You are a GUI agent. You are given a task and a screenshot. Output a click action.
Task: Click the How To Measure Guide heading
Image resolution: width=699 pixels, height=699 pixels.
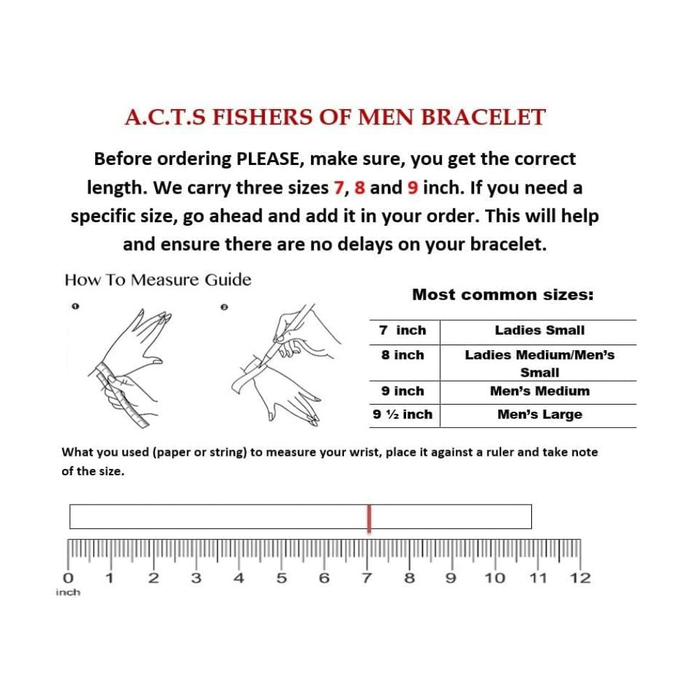(157, 280)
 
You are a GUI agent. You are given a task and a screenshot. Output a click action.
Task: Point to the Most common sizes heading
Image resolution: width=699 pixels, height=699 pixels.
(503, 294)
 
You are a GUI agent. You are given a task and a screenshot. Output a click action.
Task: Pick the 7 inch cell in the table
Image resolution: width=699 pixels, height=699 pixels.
(403, 331)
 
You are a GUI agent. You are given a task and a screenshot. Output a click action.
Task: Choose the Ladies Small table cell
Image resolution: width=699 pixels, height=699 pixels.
(539, 331)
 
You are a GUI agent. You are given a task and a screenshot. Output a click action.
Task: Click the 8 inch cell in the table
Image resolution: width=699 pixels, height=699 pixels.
(403, 355)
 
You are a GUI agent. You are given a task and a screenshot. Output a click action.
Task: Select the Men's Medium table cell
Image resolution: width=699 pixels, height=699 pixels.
(539, 391)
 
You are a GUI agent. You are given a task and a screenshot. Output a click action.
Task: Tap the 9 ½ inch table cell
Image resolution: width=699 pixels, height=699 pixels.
(403, 415)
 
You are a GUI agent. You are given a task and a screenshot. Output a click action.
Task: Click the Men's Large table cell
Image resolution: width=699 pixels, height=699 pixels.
(539, 415)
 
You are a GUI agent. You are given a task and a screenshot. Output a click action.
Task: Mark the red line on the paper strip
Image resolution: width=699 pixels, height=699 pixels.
(369, 518)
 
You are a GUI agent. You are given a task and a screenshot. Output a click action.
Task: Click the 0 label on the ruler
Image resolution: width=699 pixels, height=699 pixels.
(68, 578)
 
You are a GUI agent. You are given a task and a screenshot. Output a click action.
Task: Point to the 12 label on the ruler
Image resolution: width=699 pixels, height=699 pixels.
(580, 578)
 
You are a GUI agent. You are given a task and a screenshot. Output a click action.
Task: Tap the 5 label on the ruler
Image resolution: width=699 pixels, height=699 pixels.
(282, 578)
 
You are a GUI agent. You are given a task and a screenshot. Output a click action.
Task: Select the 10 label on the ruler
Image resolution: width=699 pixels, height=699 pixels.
(495, 578)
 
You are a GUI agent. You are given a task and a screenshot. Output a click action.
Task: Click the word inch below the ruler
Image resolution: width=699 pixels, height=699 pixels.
(68, 593)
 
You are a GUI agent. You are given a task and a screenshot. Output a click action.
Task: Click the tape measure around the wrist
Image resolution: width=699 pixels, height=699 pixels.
(122, 391)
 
